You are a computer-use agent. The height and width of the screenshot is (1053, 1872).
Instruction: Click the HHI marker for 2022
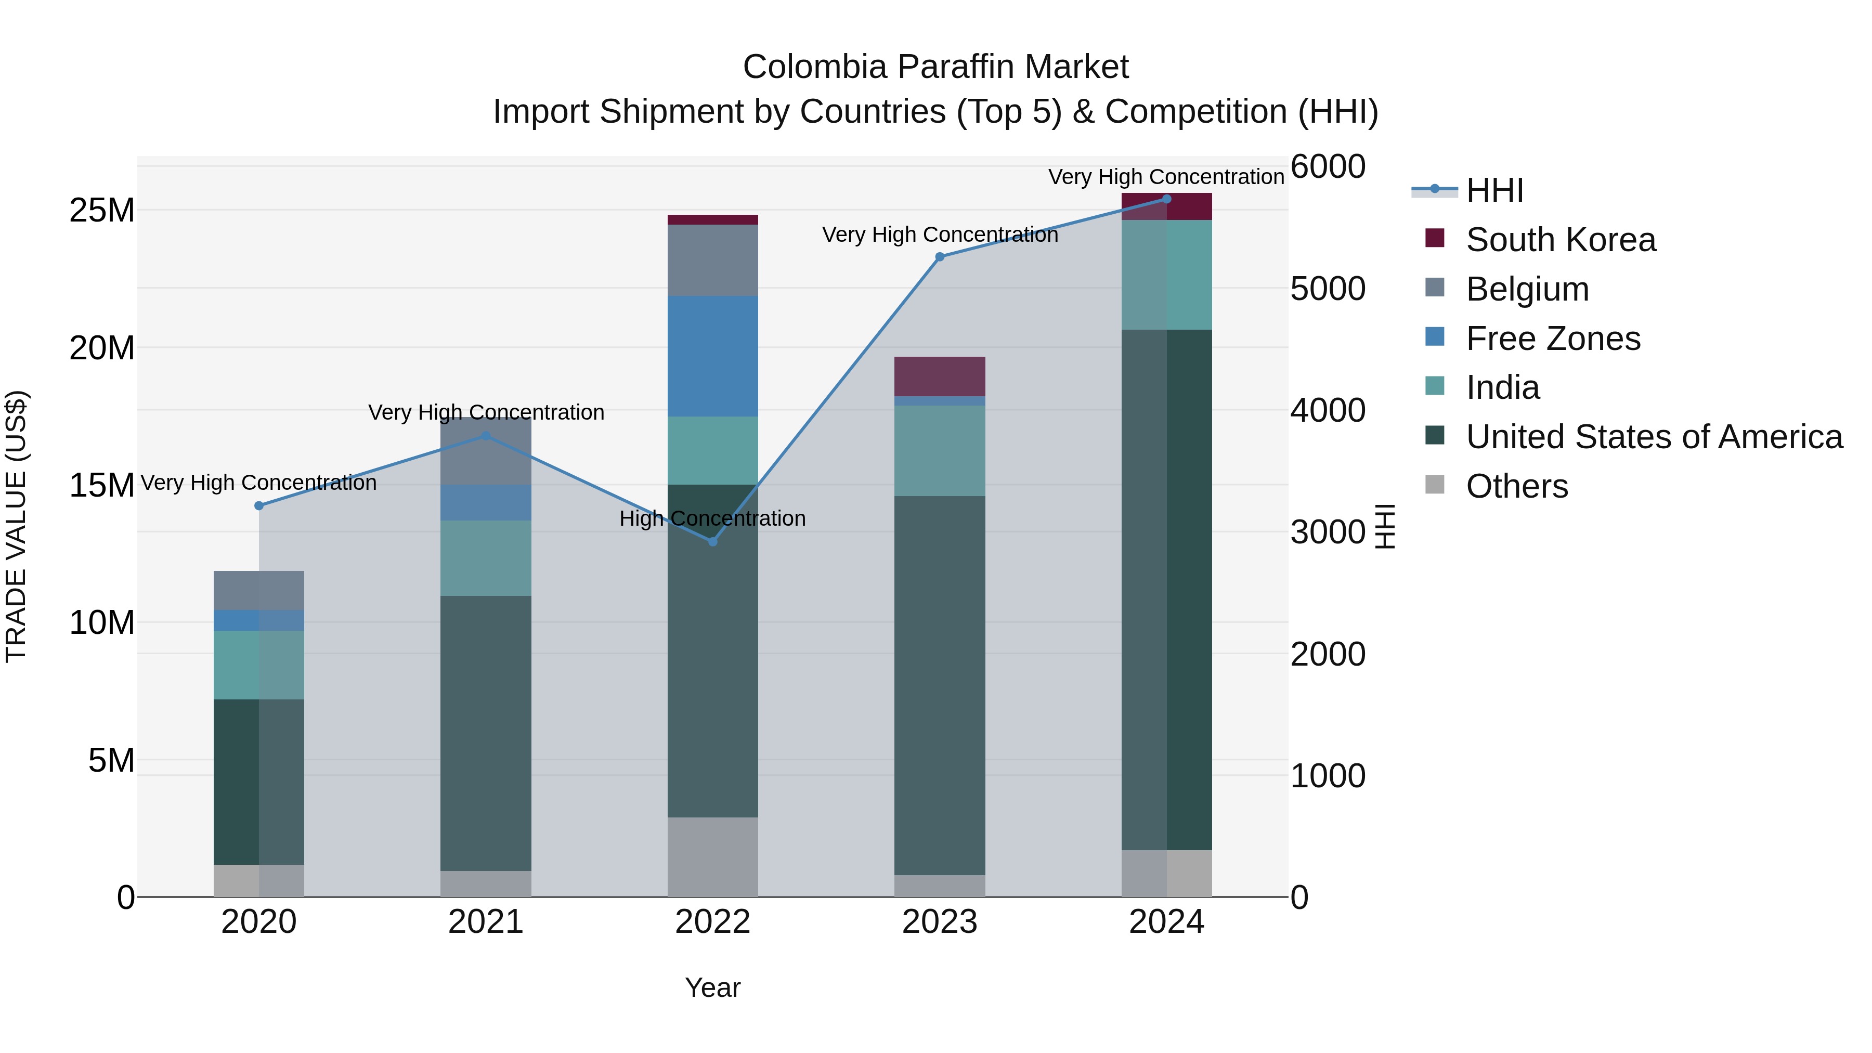(x=712, y=541)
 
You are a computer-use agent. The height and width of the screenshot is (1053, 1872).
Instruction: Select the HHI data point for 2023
(x=939, y=256)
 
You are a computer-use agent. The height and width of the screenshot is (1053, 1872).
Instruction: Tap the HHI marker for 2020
(x=259, y=506)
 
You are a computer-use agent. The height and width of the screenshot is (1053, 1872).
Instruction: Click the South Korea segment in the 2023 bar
(x=939, y=376)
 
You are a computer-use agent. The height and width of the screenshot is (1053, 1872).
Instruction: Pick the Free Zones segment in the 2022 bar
(x=712, y=356)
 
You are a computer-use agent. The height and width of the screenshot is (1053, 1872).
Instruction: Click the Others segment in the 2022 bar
(x=712, y=857)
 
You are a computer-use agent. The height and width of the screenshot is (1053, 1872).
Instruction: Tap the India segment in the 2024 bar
(x=1166, y=275)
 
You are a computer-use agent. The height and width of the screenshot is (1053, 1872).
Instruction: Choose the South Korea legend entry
(x=1559, y=240)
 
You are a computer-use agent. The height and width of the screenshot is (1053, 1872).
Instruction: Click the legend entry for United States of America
(x=1653, y=437)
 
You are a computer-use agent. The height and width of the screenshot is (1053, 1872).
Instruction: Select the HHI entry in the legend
(x=1494, y=190)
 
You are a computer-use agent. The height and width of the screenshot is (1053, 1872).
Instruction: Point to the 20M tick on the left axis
(x=102, y=348)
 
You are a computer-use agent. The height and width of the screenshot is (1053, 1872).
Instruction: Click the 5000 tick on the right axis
(x=1327, y=289)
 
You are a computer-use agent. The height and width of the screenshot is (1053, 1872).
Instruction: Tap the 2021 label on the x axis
(x=486, y=922)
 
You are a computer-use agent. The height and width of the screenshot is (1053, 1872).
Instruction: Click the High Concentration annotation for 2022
(x=712, y=518)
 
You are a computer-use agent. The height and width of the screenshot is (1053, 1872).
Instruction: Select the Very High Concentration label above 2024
(x=1166, y=177)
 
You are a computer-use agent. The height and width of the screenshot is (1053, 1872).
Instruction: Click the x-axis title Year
(x=712, y=987)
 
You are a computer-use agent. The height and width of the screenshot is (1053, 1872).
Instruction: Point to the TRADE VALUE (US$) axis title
(x=16, y=526)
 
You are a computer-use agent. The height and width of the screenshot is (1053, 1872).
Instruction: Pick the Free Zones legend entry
(x=1552, y=339)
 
